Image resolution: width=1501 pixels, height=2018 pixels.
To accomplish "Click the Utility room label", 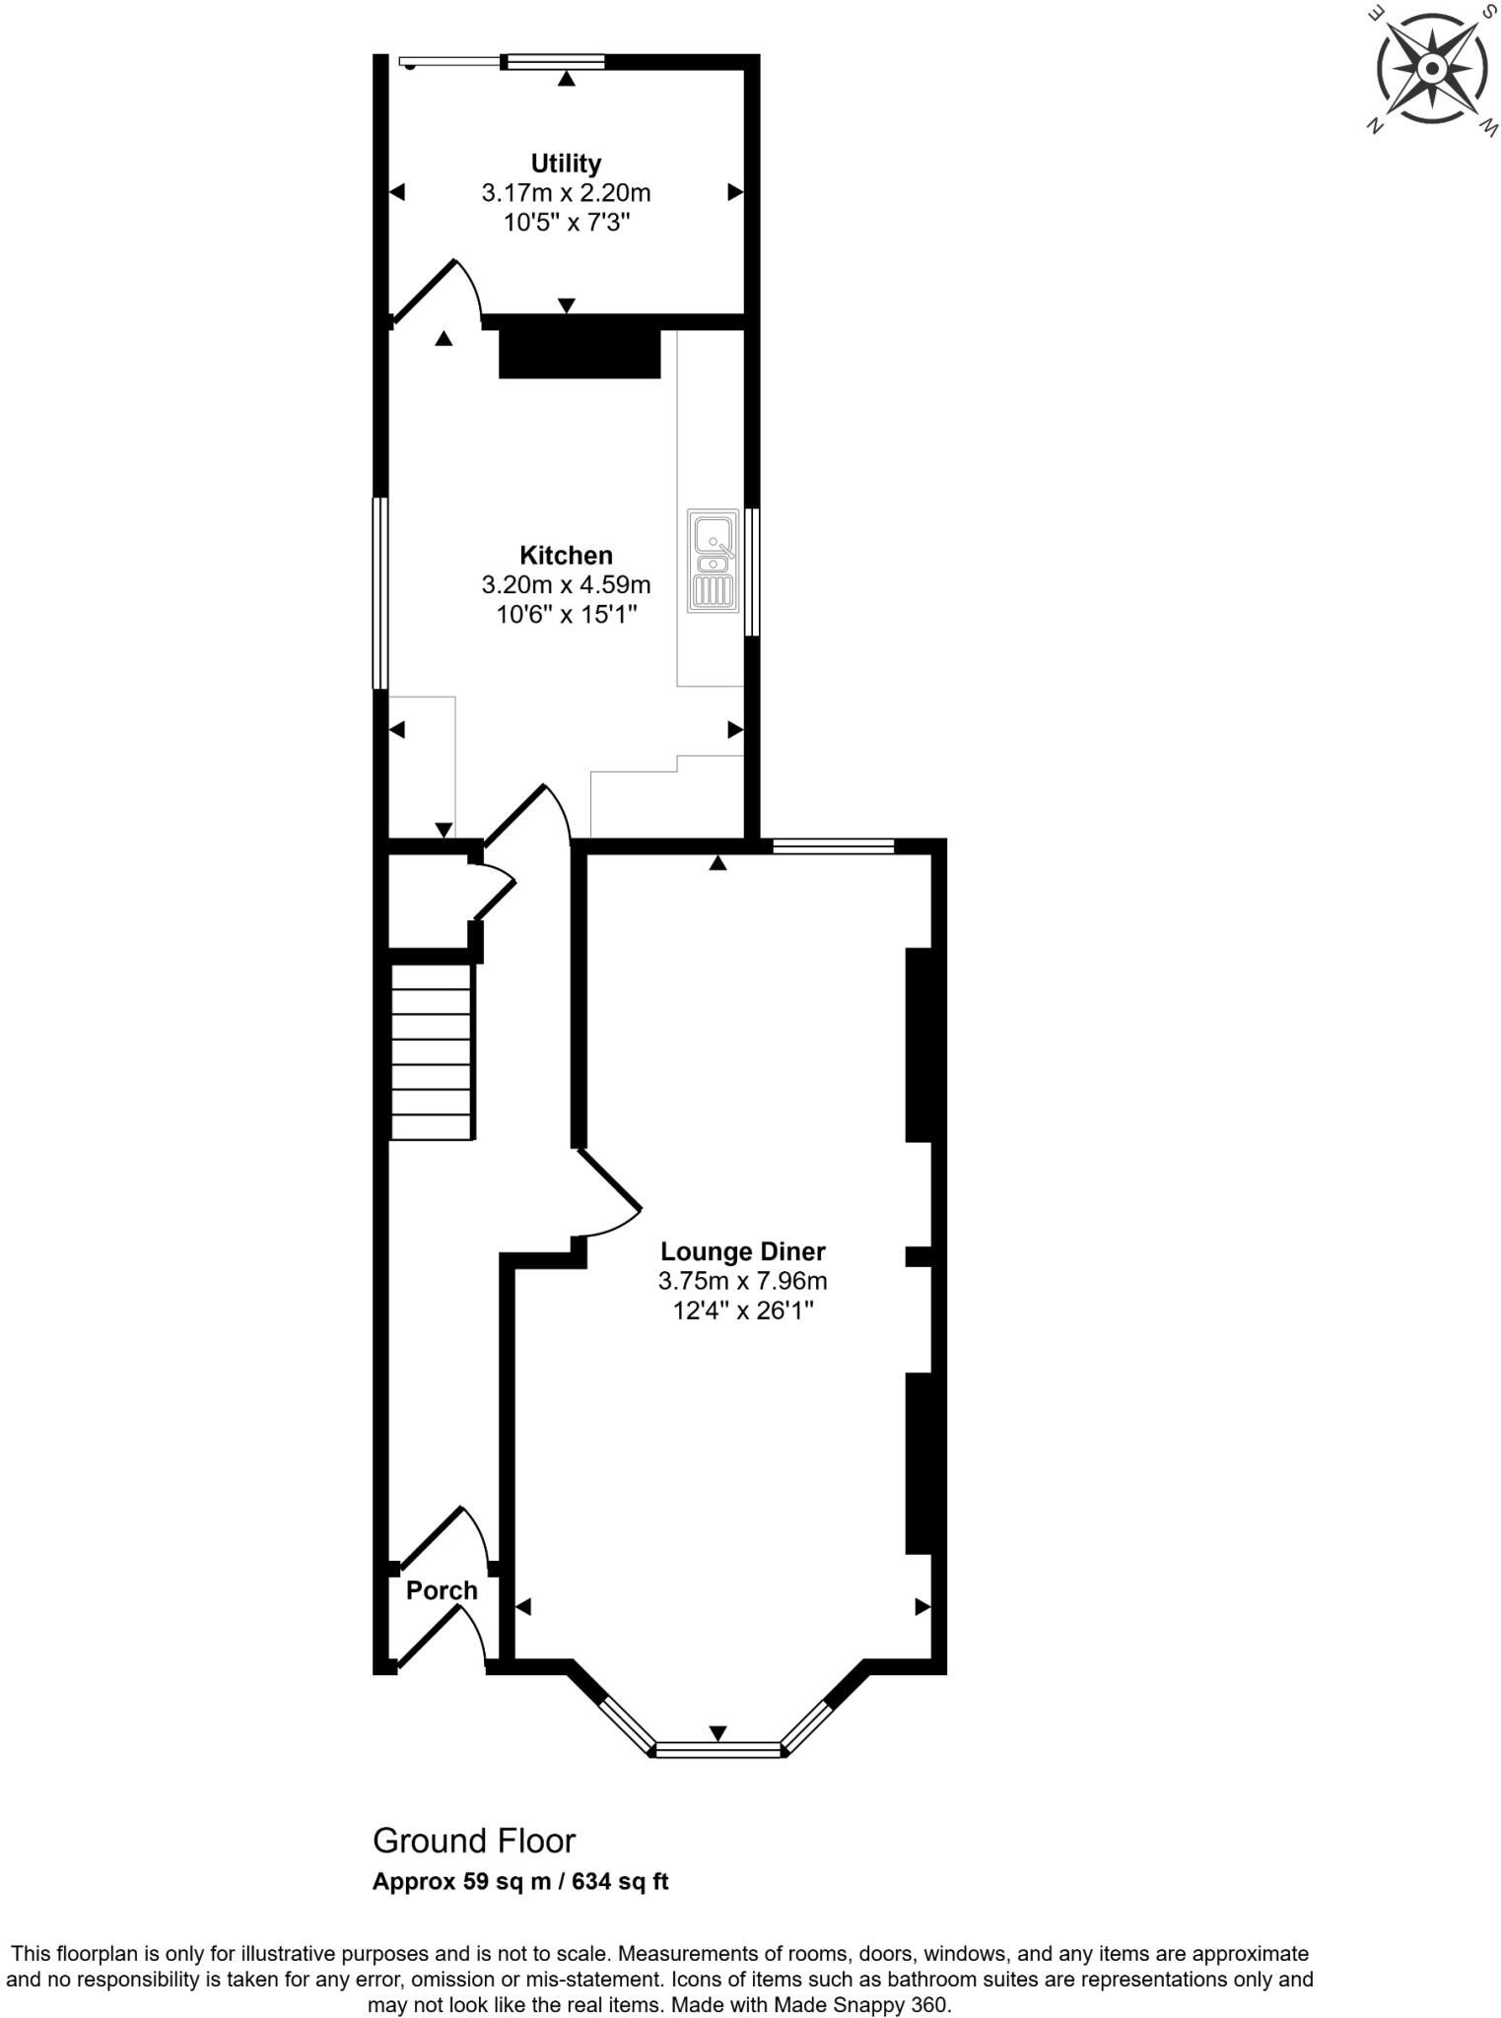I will [566, 164].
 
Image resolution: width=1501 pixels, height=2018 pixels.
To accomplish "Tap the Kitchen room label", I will [566, 556].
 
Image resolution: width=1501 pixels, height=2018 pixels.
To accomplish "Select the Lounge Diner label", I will [742, 1251].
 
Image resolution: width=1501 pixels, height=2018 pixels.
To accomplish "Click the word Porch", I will [442, 1590].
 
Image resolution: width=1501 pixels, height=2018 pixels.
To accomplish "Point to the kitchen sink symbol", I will [713, 561].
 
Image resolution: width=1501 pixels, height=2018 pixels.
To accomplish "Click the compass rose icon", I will [1431, 70].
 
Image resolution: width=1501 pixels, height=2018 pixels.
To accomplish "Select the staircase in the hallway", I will [432, 1051].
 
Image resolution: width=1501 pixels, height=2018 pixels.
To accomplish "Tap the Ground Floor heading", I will [474, 1841].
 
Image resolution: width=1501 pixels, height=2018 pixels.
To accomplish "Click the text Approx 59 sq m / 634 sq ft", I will [520, 1881].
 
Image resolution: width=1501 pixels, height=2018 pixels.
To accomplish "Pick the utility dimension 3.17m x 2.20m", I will [566, 193].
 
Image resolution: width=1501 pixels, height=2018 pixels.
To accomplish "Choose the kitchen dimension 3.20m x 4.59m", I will [566, 585].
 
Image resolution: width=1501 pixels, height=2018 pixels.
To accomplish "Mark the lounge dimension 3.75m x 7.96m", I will [742, 1281].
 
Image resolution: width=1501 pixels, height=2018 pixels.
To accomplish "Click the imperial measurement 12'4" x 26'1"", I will [742, 1311].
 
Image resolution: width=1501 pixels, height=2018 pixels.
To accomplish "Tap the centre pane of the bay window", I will [718, 1750].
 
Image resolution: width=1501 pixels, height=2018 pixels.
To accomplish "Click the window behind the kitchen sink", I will [752, 572].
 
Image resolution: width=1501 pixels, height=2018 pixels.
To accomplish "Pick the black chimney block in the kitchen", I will [580, 354].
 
